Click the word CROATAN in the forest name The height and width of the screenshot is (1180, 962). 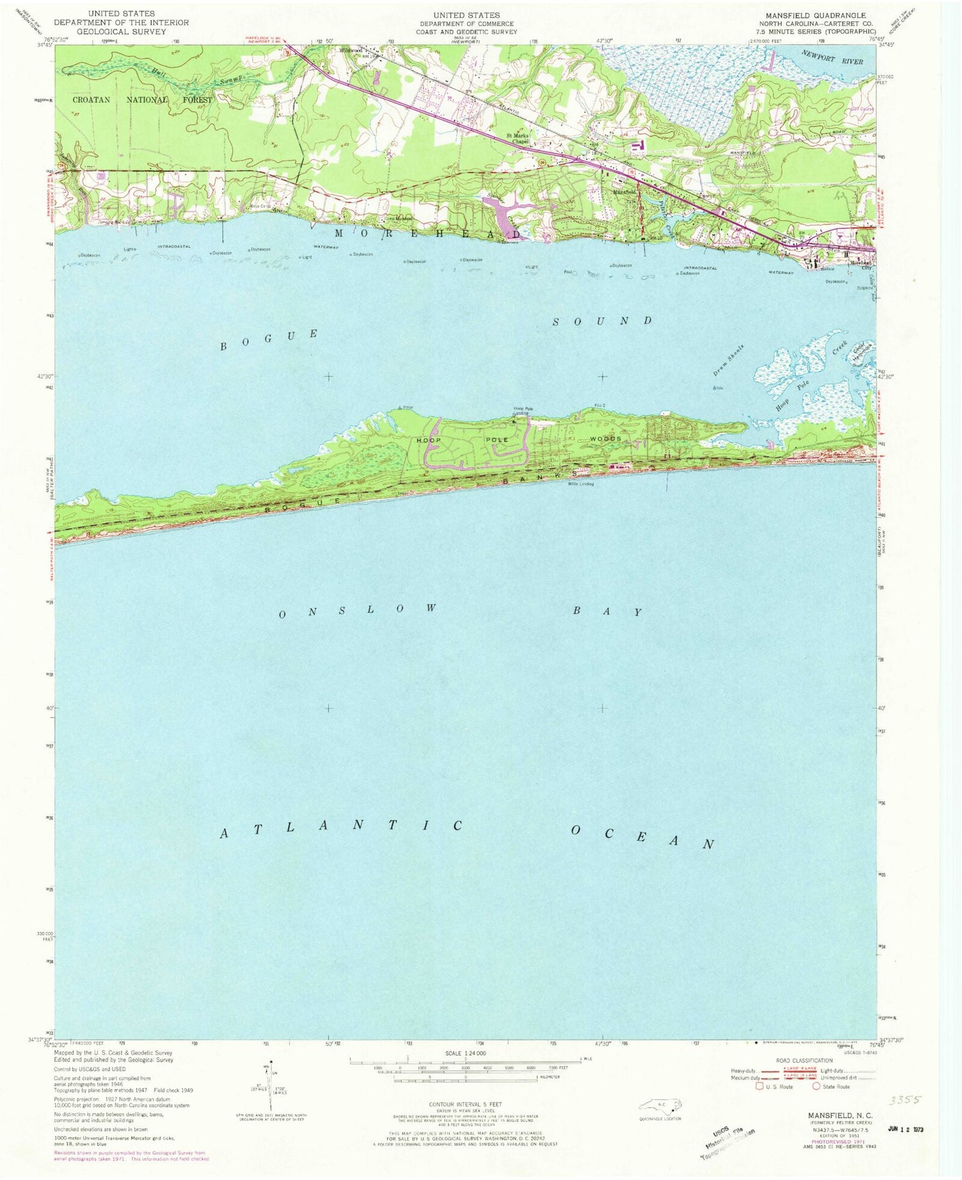point(96,99)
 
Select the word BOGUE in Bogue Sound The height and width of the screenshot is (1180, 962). point(269,340)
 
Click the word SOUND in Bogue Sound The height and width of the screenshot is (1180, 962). point(602,320)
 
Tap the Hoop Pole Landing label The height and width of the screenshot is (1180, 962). point(520,411)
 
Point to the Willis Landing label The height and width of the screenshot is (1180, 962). point(580,484)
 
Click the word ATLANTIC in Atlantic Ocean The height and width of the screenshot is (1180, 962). point(341,828)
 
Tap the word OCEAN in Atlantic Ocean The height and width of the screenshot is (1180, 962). point(642,837)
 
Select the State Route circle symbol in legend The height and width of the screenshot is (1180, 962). point(816,1086)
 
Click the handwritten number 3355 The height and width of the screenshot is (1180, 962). point(904,1099)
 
